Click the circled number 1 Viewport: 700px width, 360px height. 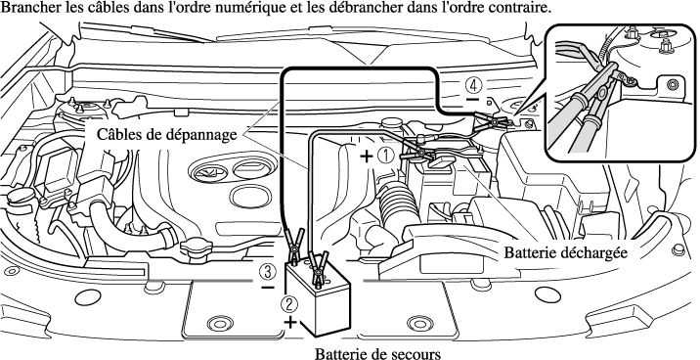(x=386, y=156)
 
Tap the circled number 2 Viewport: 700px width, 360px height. (x=288, y=304)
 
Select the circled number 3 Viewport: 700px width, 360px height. (x=267, y=272)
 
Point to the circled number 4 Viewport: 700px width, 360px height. (x=473, y=84)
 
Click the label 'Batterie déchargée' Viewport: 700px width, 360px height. (x=566, y=252)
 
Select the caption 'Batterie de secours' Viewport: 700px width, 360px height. (x=377, y=353)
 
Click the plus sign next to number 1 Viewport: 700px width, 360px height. (x=366, y=157)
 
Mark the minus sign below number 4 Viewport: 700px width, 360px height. (x=473, y=99)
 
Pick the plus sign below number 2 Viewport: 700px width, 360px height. (x=290, y=322)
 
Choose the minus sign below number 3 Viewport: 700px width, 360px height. (x=268, y=288)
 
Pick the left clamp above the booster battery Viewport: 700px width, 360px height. (x=294, y=246)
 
